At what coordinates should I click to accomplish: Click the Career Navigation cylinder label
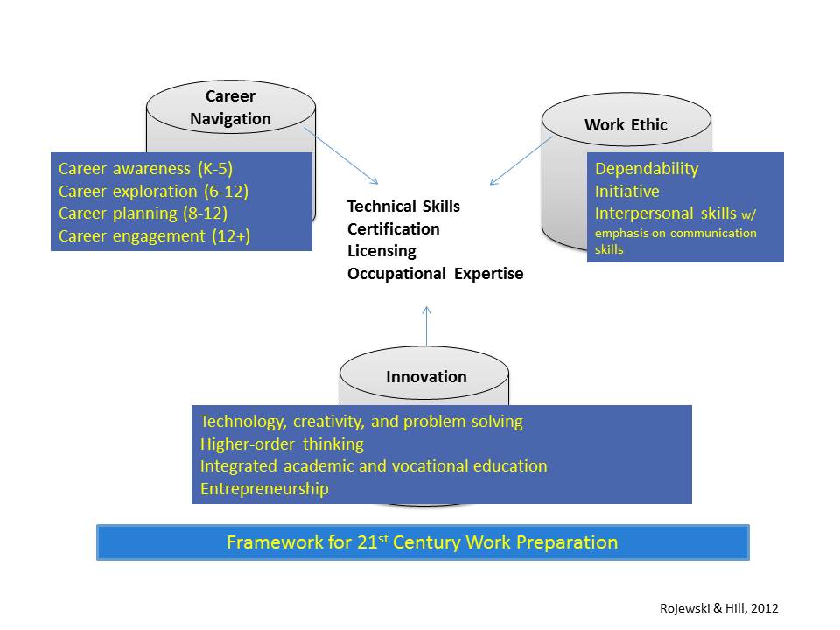pos(230,107)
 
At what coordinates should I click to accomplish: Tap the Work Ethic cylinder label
pos(626,125)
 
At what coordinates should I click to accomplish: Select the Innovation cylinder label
pos(426,376)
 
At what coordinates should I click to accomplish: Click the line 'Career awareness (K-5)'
pos(146,169)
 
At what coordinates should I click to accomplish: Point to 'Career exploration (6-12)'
pos(153,192)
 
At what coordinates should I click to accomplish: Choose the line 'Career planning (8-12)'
pos(143,213)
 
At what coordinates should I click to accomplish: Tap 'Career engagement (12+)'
pos(154,235)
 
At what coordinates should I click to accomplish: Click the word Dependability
pos(647,169)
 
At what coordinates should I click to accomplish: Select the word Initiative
pos(626,192)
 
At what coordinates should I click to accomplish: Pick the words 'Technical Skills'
pos(403,206)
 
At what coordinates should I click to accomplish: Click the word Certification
pos(393,228)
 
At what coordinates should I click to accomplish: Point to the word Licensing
pos(381,251)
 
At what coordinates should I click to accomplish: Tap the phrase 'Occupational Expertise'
pos(435,274)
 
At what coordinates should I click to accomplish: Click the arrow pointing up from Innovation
pos(426,326)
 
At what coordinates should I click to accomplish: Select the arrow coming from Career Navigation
pos(340,156)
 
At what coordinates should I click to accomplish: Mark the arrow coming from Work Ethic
pos(521,160)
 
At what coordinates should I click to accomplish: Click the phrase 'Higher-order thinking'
pos(282,444)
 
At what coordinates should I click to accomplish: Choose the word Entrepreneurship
pos(264,488)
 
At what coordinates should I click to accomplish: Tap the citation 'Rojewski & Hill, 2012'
pos(719,608)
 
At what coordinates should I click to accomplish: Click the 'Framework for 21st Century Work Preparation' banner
pos(423,542)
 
